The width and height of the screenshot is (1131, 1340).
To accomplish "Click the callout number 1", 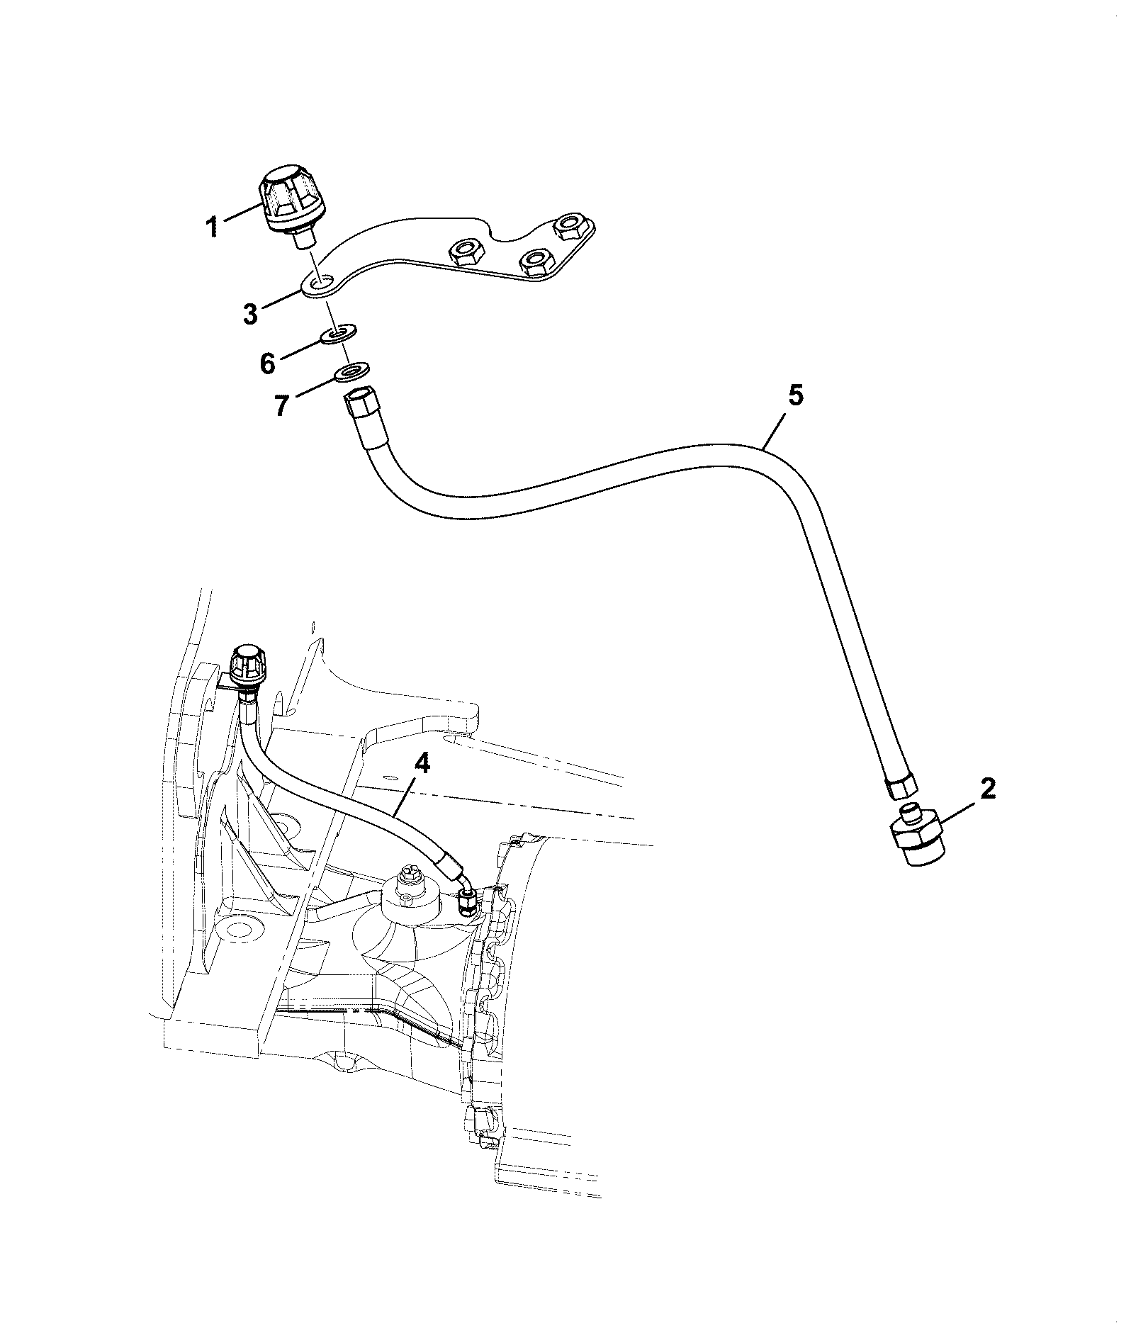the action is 211,228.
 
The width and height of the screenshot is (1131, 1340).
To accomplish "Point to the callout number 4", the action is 422,765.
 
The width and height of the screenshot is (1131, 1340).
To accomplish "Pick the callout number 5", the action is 796,395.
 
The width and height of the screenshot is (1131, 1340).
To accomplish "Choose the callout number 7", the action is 281,405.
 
